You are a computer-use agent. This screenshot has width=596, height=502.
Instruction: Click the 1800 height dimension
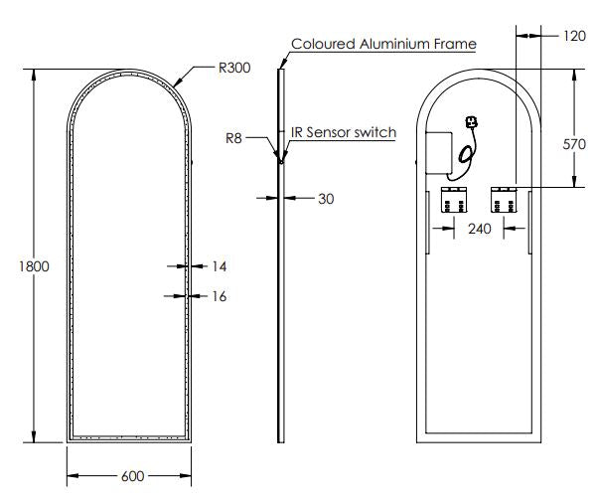click(x=17, y=266)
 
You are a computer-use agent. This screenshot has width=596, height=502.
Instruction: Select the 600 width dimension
click(x=132, y=476)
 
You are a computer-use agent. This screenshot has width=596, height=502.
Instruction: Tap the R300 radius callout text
click(x=234, y=70)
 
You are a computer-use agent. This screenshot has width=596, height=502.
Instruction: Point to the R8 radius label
click(x=233, y=138)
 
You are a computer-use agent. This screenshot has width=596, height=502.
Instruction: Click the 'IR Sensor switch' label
click(x=343, y=132)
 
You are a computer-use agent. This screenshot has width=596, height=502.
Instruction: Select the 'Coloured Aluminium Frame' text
click(x=383, y=44)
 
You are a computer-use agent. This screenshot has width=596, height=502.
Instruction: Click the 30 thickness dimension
click(x=325, y=199)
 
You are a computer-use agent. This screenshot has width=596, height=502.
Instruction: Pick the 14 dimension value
click(x=220, y=266)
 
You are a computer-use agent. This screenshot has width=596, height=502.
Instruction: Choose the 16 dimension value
click(x=220, y=295)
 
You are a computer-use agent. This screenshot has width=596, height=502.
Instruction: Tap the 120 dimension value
click(x=573, y=35)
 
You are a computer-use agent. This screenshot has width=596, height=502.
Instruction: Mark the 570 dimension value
click(x=574, y=144)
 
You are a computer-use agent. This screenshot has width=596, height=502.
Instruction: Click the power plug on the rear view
click(x=470, y=125)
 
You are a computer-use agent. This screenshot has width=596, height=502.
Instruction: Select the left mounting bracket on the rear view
click(x=454, y=200)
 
